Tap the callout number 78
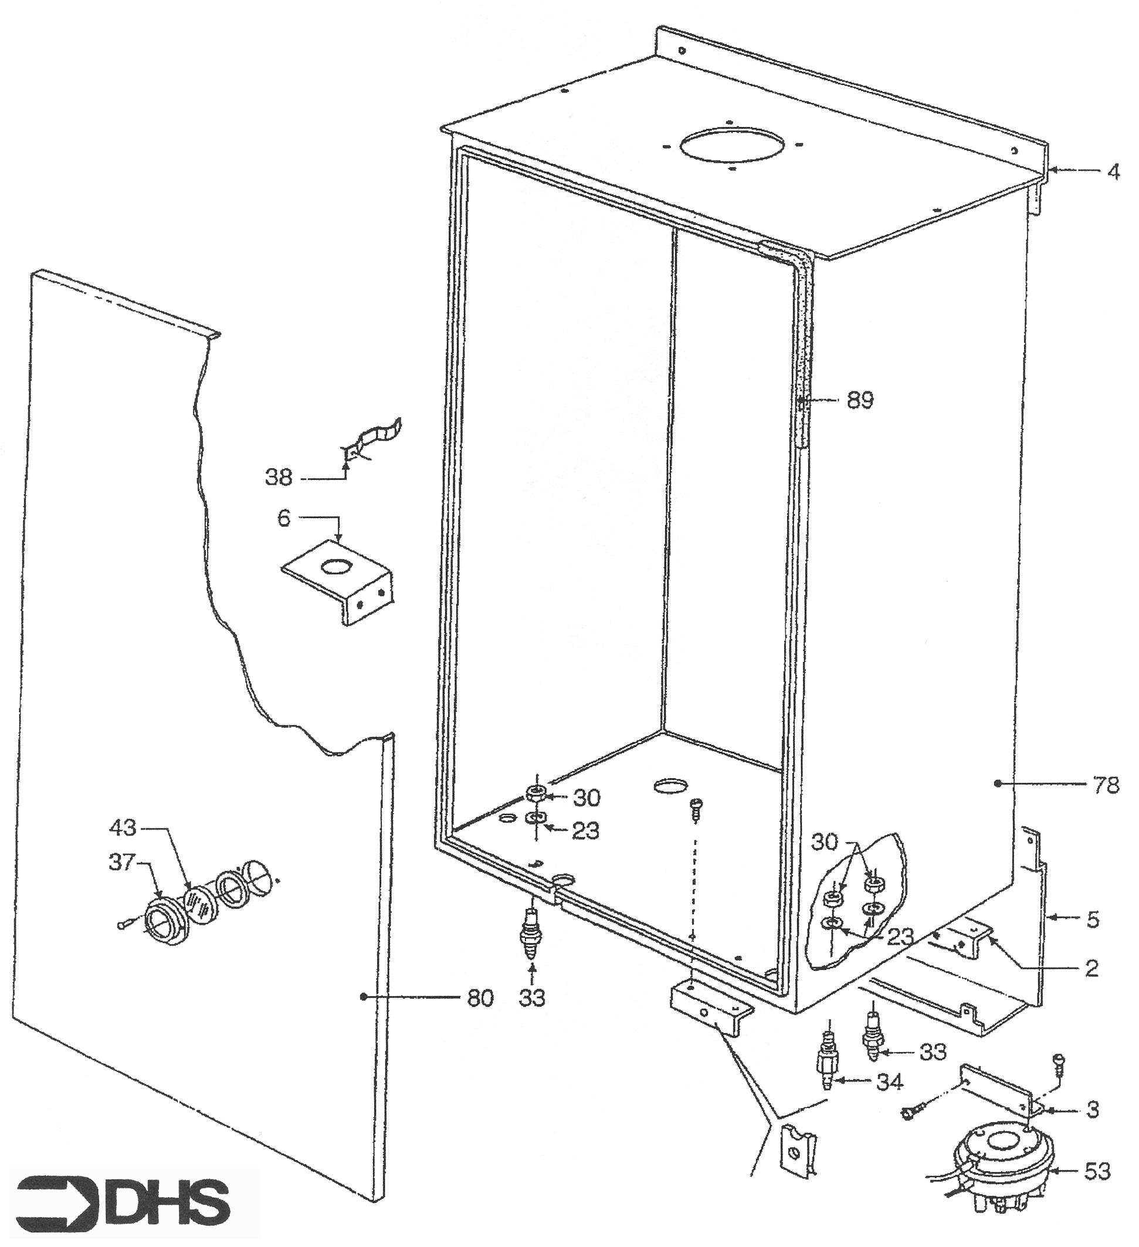(x=1106, y=785)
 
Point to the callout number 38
(x=279, y=478)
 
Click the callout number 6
(x=284, y=517)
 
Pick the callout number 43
(x=123, y=826)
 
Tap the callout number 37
(x=122, y=861)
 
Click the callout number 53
(x=1097, y=1171)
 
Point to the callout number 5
(x=1093, y=920)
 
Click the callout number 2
(x=1091, y=968)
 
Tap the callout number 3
(x=1093, y=1110)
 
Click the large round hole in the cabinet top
(x=732, y=146)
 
